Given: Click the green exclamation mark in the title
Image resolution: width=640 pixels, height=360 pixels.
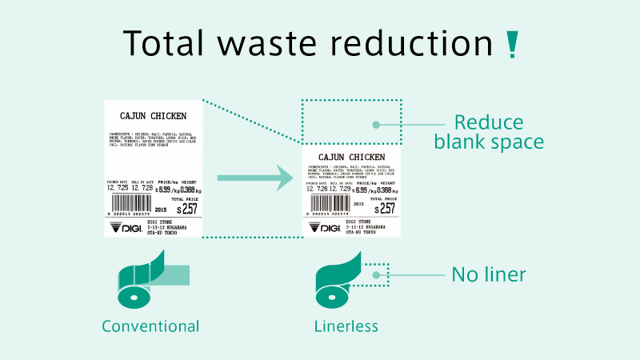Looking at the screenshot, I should click(513, 45).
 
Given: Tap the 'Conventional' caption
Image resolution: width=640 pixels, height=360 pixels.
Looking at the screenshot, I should click(150, 326).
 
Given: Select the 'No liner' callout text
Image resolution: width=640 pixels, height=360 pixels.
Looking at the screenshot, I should click(489, 275).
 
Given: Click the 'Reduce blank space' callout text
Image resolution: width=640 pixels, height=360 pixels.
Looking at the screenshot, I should click(489, 133).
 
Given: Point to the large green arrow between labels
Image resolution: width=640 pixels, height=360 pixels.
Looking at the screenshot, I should click(251, 178).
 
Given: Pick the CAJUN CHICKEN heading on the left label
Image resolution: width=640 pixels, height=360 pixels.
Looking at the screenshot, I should click(153, 116).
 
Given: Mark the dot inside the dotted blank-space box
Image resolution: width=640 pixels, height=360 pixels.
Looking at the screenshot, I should click(374, 124).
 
